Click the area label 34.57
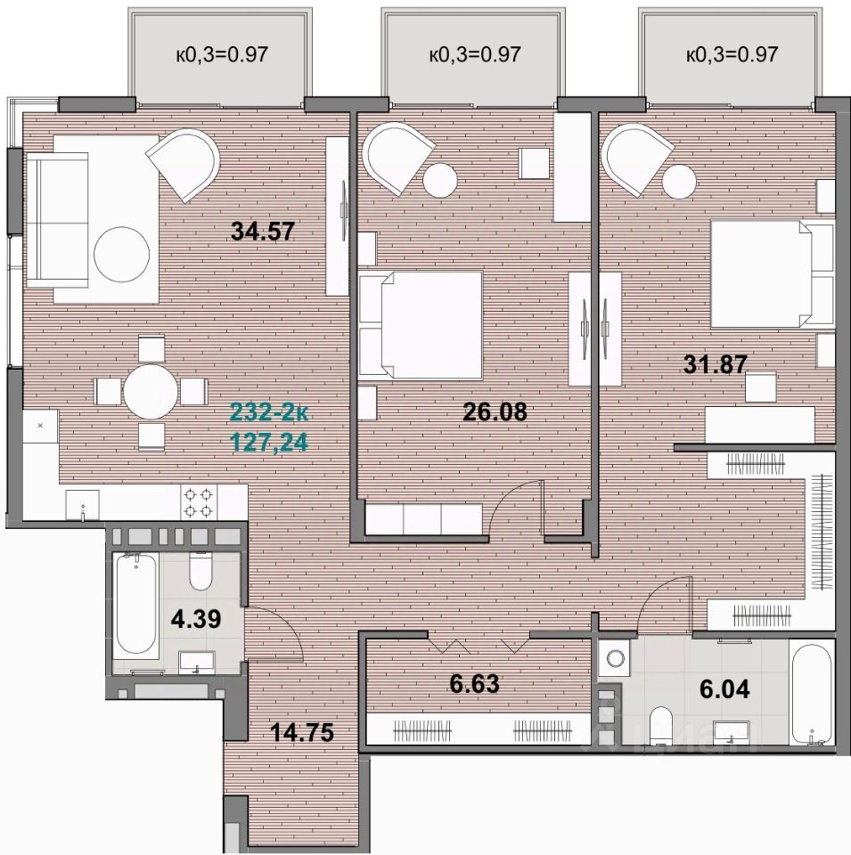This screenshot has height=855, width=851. [x=262, y=232]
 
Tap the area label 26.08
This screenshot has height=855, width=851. [x=495, y=411]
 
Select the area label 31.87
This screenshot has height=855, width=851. [x=716, y=364]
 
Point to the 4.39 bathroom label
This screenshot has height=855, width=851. [x=196, y=619]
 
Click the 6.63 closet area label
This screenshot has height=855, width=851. [x=475, y=684]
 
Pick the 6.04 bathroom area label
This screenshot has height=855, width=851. [x=724, y=689]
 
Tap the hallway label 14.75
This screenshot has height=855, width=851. [x=302, y=732]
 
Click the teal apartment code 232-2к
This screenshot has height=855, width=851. [x=269, y=412]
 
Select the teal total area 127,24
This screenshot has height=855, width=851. [x=270, y=443]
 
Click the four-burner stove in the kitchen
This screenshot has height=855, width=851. [x=198, y=502]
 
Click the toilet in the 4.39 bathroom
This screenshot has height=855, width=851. [x=200, y=571]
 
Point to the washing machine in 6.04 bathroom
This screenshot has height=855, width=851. [x=615, y=658]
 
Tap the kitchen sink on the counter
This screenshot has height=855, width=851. [x=82, y=504]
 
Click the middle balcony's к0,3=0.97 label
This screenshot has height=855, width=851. [x=475, y=54]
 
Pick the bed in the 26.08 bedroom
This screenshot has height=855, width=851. [x=421, y=325]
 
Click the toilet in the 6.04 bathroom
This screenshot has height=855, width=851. [x=663, y=726]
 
